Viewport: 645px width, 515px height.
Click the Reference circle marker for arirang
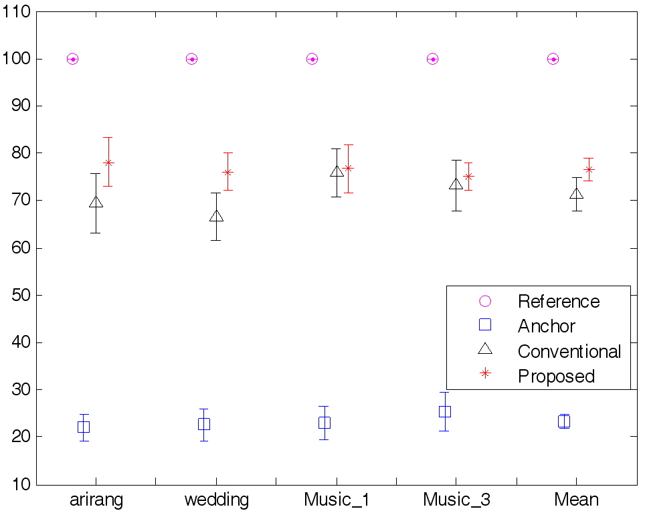pyautogui.click(x=72, y=59)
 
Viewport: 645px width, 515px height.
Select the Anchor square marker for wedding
pyautogui.click(x=203, y=424)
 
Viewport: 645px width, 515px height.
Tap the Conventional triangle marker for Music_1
pyautogui.click(x=337, y=171)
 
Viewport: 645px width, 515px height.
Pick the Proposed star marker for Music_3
pyautogui.click(x=468, y=177)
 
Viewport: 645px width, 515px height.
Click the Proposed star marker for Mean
pyautogui.click(x=589, y=169)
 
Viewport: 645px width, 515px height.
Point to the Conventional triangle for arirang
pyautogui.click(x=96, y=202)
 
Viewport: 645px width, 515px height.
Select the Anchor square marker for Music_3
pyautogui.click(x=444, y=411)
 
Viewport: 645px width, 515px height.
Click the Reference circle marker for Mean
pyautogui.click(x=553, y=59)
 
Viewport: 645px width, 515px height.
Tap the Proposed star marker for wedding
pyautogui.click(x=227, y=172)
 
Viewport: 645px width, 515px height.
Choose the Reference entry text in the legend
pyautogui.click(x=558, y=301)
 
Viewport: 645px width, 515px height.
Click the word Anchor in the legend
pyautogui.click(x=546, y=326)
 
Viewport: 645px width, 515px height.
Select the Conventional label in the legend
pyautogui.click(x=569, y=351)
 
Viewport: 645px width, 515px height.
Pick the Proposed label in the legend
pyautogui.click(x=555, y=376)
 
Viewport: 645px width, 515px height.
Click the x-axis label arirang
pyautogui.click(x=96, y=500)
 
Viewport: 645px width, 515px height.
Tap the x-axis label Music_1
pyautogui.click(x=336, y=500)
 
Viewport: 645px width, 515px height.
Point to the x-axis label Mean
pyautogui.click(x=576, y=500)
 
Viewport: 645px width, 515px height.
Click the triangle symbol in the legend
pyautogui.click(x=485, y=348)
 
